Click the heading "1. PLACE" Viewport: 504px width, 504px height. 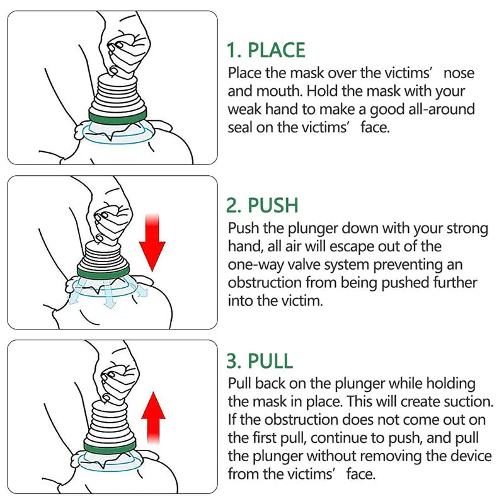266,50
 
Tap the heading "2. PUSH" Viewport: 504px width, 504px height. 262,205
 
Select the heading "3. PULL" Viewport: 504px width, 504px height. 260,361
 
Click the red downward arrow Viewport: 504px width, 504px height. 152,239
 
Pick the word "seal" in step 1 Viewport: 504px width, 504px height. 243,127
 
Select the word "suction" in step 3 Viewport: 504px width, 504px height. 467,401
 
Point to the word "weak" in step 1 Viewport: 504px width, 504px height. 243,109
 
